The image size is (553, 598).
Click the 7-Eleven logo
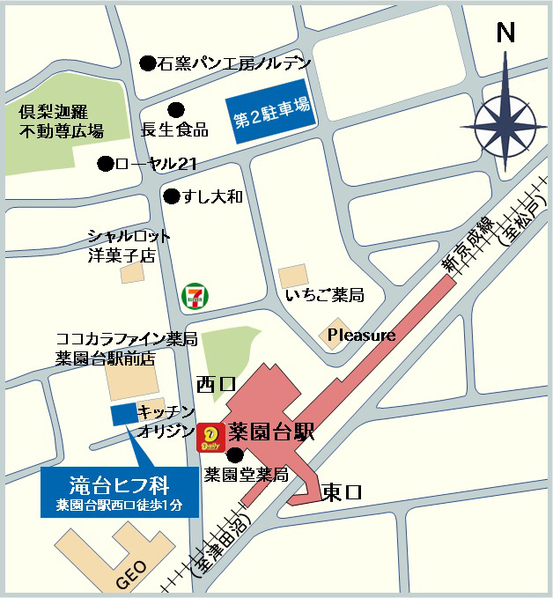coord(195,296)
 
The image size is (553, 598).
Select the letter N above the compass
coord(505,33)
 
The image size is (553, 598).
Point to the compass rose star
coord(505,122)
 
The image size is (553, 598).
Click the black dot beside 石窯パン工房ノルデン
coord(148,63)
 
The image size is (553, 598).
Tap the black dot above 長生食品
coord(176,110)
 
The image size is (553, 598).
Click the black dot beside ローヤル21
coord(105,164)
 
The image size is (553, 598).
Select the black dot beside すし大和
coord(171,196)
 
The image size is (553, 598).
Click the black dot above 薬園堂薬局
coord(234,455)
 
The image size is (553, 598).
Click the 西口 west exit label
coord(217,384)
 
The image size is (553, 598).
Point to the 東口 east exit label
coord(341,491)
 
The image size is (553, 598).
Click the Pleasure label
coord(361,336)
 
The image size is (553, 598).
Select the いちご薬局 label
coord(324,295)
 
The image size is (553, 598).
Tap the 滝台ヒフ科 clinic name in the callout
coord(120,484)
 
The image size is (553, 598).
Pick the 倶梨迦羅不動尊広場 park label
coord(62,122)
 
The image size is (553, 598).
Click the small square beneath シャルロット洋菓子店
coord(132,273)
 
